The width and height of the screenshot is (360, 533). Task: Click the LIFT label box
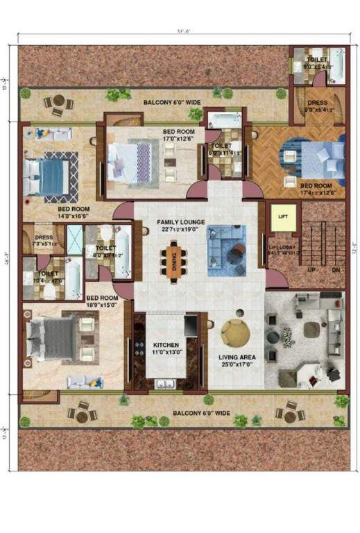[x=282, y=217]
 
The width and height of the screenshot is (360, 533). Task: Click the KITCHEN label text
[x=166, y=345]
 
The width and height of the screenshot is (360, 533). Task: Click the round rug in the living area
[x=236, y=332]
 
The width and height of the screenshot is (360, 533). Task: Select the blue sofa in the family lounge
[x=228, y=241]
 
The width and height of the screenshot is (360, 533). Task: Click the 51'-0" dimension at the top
[x=181, y=31]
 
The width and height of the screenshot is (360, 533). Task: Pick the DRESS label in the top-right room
[x=317, y=105]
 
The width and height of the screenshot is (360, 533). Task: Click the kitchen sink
[x=166, y=383]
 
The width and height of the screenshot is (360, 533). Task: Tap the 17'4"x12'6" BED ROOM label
[x=316, y=188]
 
